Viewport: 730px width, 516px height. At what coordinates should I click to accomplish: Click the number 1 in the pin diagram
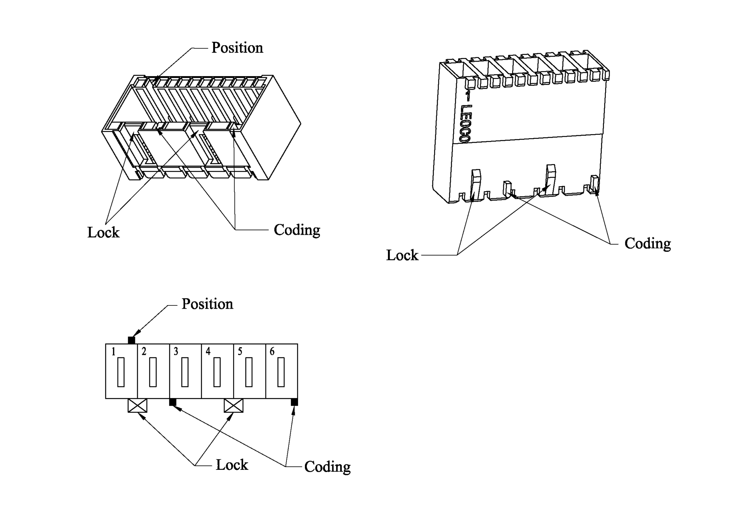113,352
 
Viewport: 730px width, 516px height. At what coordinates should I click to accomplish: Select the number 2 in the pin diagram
144,352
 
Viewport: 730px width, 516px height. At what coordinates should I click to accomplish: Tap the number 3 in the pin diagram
176,352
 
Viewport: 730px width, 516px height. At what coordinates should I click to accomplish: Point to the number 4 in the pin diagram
208,352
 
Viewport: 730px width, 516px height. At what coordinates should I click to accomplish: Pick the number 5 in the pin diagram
240,352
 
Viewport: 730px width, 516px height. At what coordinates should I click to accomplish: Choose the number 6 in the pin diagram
272,352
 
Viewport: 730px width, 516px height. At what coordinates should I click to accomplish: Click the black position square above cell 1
131,340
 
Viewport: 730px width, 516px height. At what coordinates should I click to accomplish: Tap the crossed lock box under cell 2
137,405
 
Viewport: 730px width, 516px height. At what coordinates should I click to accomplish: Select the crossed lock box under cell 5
233,405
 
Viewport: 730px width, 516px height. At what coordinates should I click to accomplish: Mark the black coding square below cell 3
172,402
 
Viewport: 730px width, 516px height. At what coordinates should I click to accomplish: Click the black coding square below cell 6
294,402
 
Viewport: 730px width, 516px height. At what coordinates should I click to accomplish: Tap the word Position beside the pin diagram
207,304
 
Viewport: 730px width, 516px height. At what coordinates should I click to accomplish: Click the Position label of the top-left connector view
237,48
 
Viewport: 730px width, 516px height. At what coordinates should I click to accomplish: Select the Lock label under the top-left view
103,233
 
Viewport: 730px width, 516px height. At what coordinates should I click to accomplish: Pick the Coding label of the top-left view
297,230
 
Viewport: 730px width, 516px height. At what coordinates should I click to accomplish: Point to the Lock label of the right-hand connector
402,255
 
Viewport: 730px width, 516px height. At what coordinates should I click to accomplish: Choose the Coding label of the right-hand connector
647,244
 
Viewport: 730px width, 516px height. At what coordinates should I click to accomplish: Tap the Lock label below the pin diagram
232,465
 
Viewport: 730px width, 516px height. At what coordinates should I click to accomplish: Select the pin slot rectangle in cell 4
217,372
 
